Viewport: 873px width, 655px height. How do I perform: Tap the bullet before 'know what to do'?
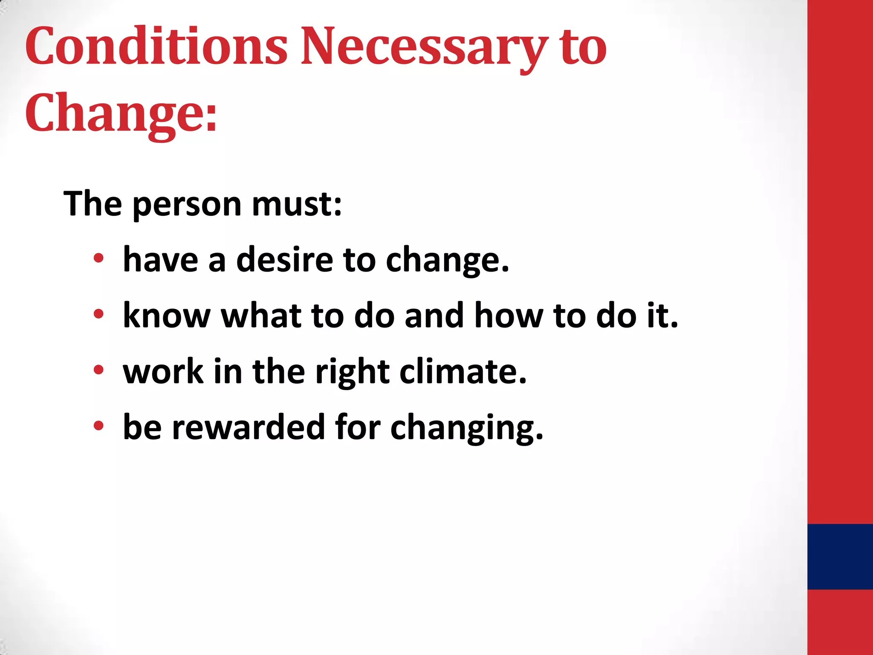[x=98, y=314]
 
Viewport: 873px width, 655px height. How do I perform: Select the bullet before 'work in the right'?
[x=98, y=370]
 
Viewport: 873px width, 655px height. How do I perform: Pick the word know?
[x=167, y=315]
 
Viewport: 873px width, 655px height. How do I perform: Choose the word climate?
[x=463, y=371]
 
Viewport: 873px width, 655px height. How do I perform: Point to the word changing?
[x=466, y=427]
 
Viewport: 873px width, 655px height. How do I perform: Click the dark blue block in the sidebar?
[x=840, y=556]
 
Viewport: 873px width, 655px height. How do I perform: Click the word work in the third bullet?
[x=163, y=371]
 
